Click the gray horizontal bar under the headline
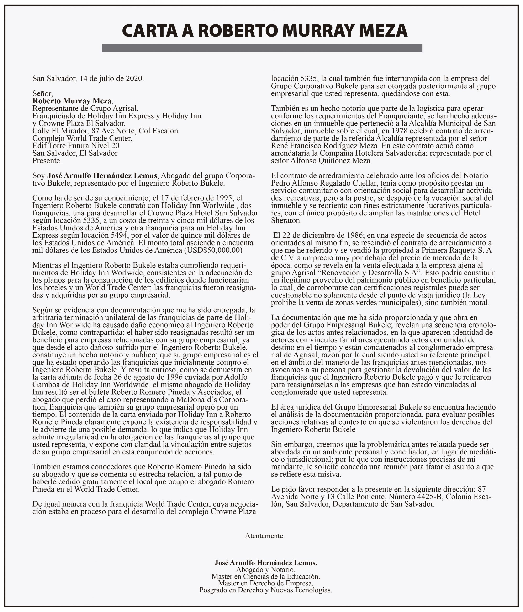tap(262, 48)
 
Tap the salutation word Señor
tap(42, 94)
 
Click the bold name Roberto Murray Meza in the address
tap(72, 101)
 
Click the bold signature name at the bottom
tap(265, 562)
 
